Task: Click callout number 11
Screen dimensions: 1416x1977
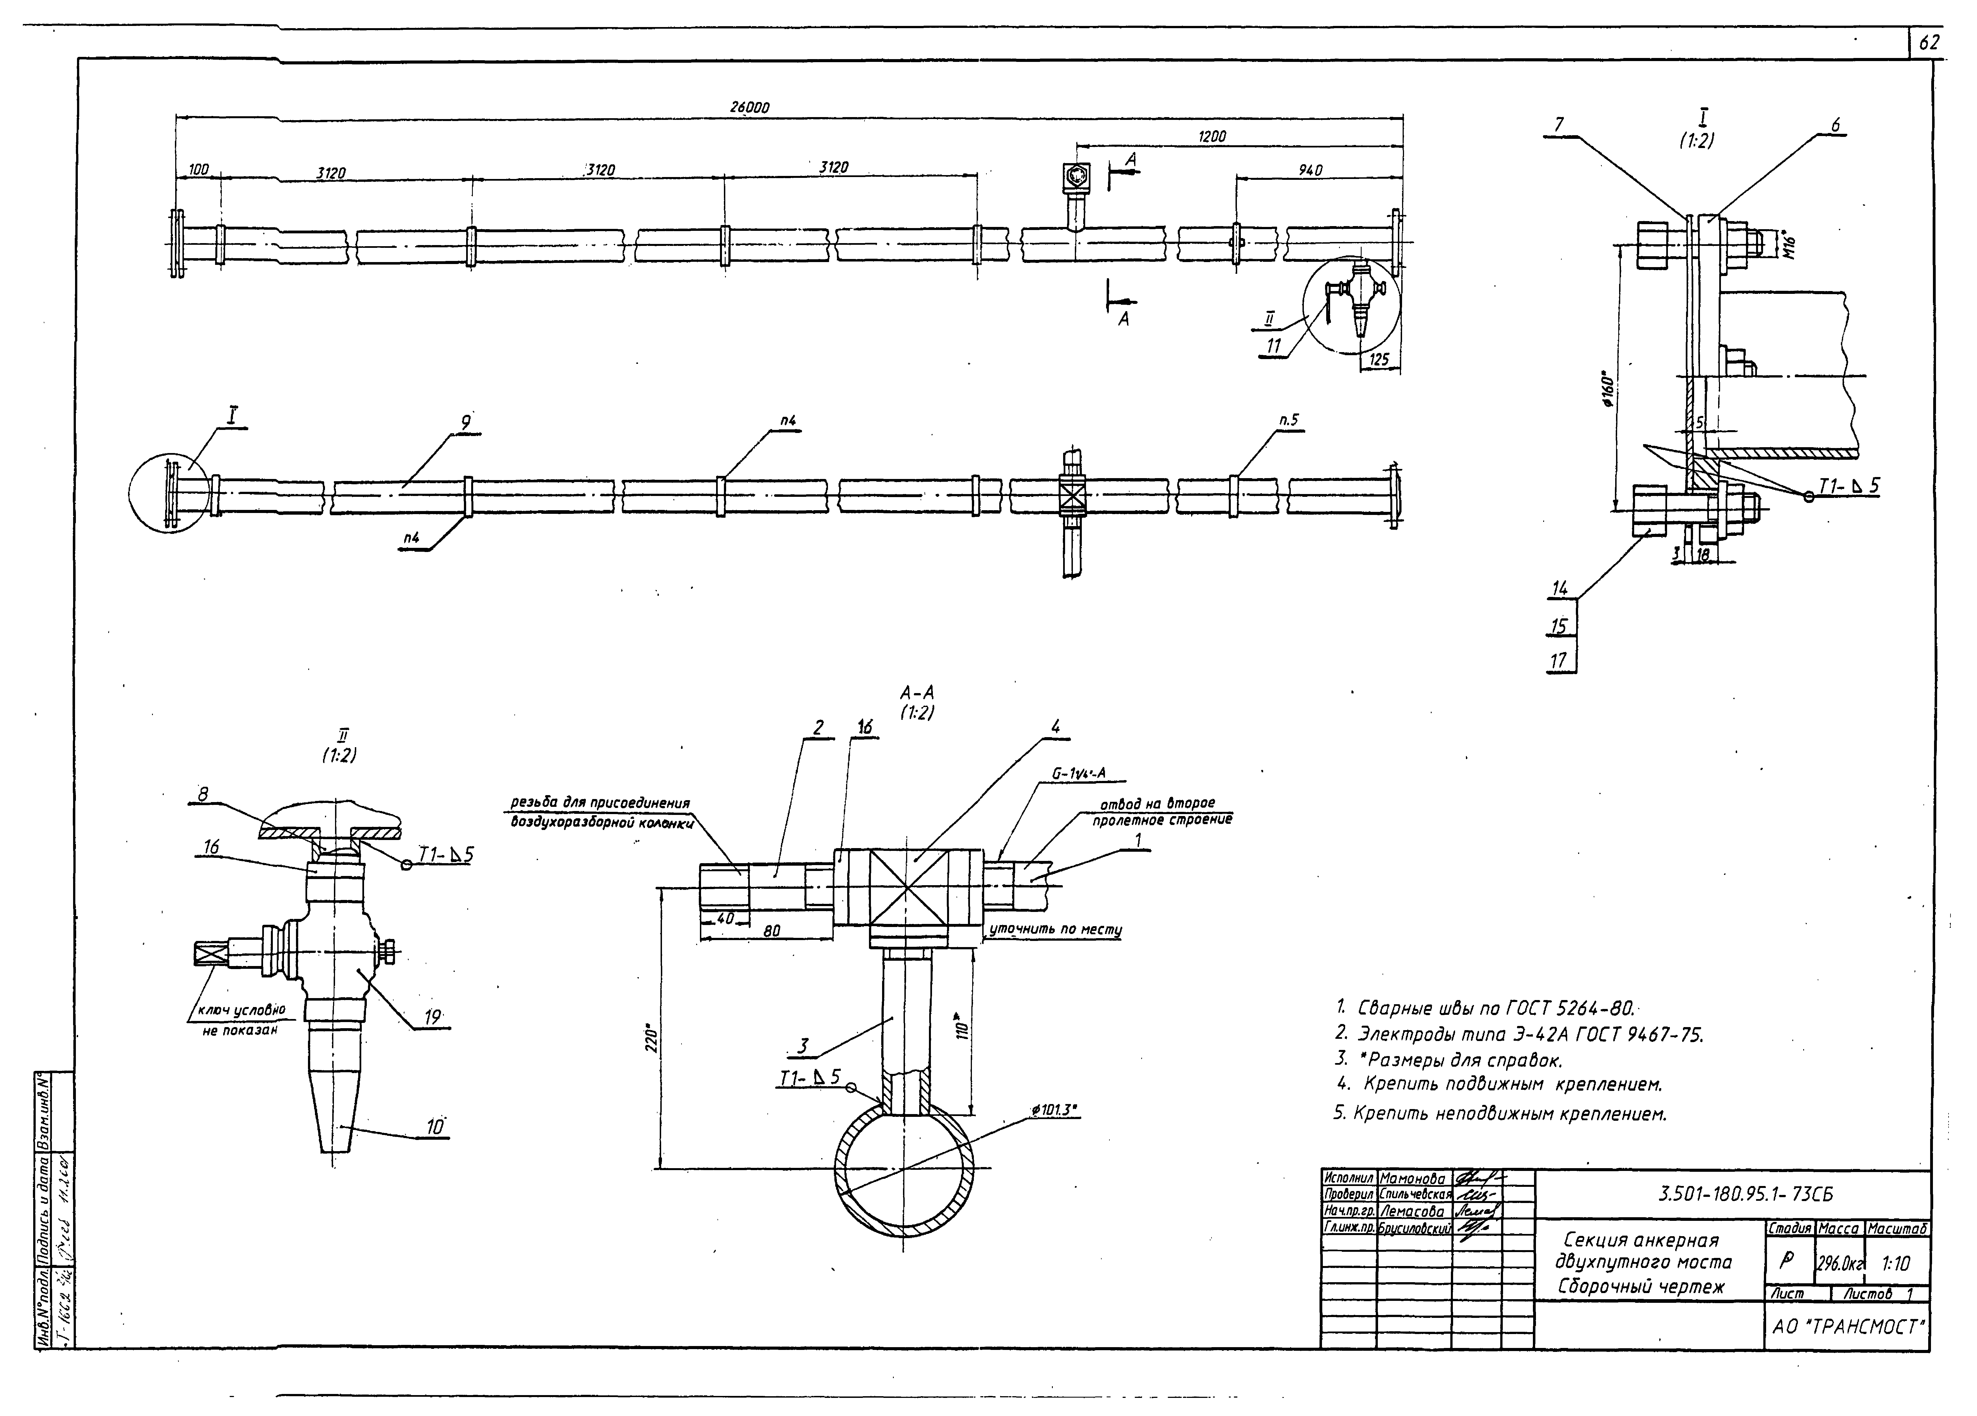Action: [1273, 346]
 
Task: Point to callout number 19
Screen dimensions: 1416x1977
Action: [432, 1016]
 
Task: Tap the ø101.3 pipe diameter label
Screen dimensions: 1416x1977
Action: [1054, 1109]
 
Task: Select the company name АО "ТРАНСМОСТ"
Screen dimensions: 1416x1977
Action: [1846, 1327]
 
